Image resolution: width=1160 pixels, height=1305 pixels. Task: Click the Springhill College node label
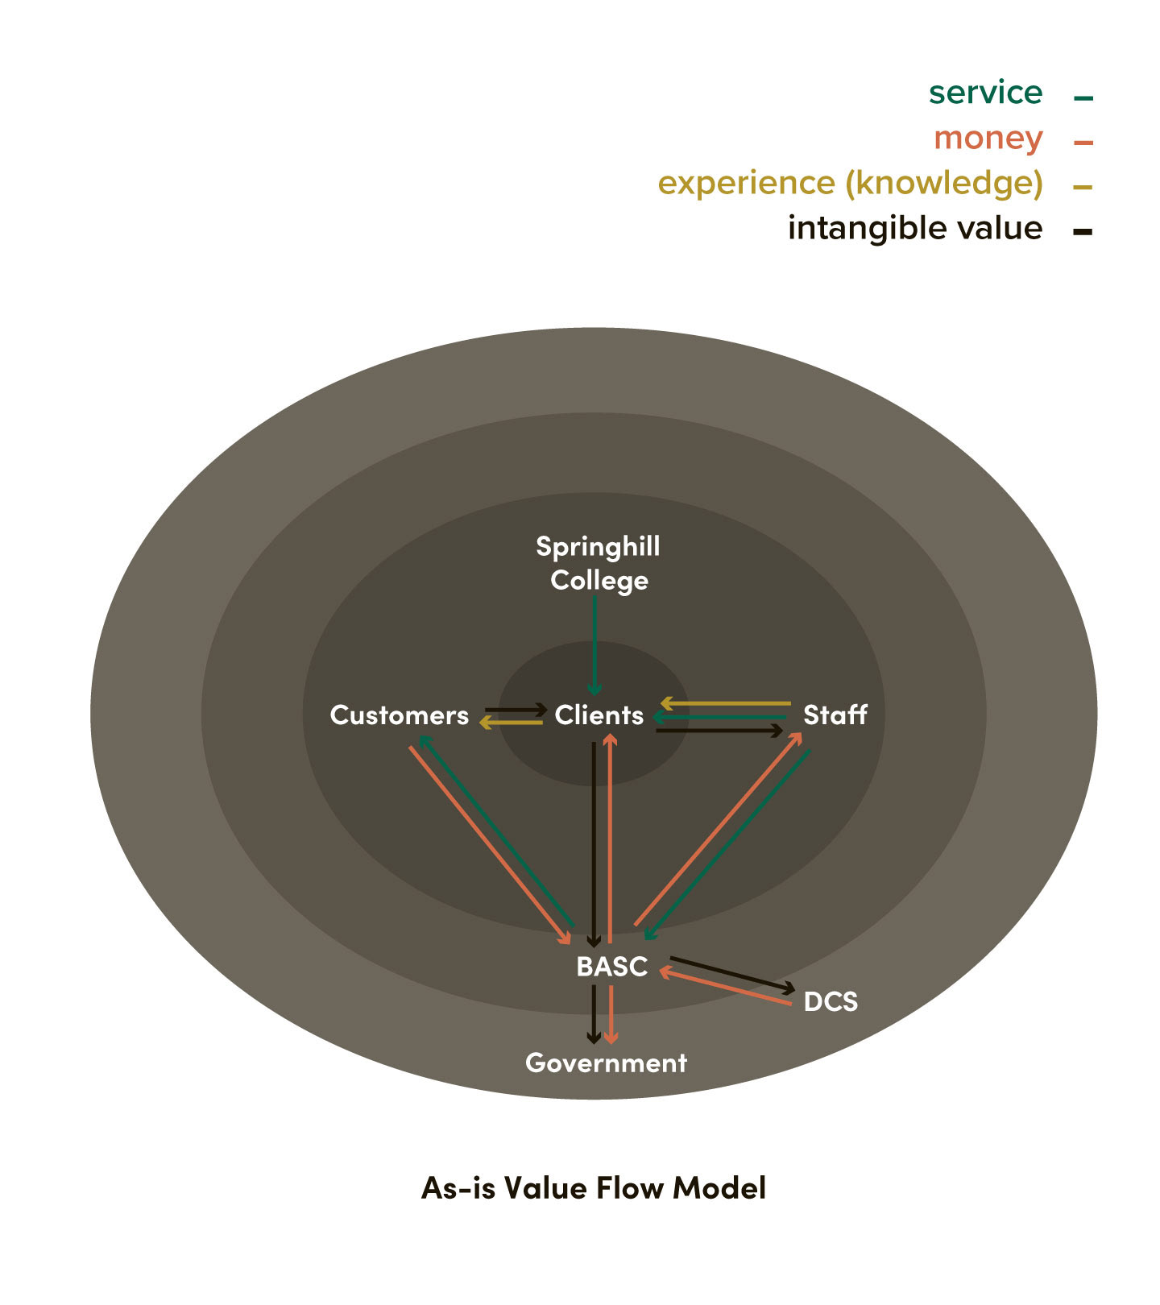point(599,563)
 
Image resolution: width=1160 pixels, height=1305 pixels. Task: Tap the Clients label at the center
point(599,715)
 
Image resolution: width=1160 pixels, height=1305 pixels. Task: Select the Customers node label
point(399,715)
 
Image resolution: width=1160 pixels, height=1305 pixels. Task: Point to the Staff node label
point(835,715)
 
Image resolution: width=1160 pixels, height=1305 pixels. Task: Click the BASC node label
point(611,966)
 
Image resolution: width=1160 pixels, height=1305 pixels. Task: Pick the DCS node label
point(831,1001)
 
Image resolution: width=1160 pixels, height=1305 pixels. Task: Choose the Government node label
point(606,1063)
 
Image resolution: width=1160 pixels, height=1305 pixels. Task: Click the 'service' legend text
point(985,93)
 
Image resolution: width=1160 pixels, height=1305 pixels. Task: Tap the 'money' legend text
point(988,139)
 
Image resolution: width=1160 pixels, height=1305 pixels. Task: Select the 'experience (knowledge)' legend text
point(850,184)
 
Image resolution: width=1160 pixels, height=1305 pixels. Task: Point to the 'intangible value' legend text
point(914,228)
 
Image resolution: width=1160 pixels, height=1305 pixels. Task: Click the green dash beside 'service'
point(1083,98)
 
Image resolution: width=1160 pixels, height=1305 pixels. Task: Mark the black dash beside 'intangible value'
point(1083,232)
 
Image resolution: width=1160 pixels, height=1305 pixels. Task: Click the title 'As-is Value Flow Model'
point(594,1187)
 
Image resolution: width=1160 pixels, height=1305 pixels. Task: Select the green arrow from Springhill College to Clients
point(594,644)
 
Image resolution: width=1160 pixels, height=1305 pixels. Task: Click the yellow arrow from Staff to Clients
point(725,703)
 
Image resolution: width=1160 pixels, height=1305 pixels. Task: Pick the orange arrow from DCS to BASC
point(725,988)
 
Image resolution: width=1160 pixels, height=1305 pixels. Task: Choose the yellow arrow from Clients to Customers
point(512,723)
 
